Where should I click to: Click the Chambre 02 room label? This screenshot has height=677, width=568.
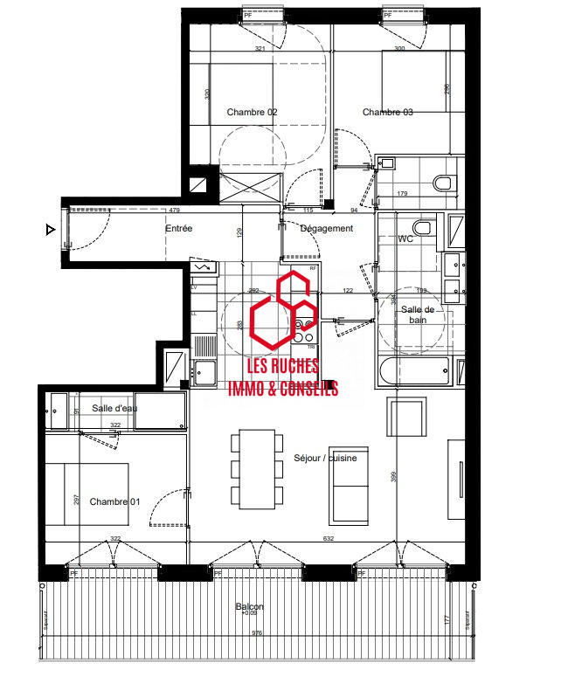252,112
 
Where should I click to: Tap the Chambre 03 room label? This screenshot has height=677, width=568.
387,112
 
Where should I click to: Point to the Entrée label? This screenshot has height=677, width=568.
178,229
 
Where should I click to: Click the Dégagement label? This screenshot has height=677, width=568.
326,229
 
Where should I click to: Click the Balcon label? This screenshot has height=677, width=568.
249,607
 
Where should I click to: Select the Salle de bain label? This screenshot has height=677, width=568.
418,314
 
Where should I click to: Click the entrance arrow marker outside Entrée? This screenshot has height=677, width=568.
51,231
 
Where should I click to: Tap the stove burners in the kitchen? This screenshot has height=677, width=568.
304,330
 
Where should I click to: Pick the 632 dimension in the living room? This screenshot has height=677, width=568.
329,539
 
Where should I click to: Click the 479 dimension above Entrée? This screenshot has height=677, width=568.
174,211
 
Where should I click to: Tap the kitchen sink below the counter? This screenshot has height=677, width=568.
206,372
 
